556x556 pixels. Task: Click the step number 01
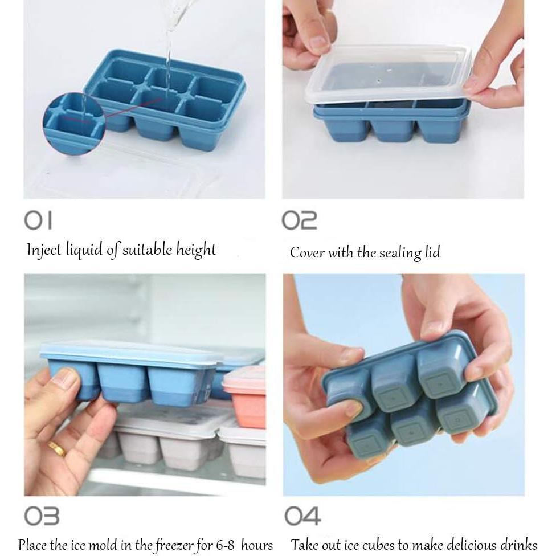38,220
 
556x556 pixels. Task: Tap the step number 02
299,220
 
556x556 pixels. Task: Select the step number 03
42,516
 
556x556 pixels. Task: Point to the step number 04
302,516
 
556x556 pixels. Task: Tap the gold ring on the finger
57,448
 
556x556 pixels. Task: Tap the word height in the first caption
196,250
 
